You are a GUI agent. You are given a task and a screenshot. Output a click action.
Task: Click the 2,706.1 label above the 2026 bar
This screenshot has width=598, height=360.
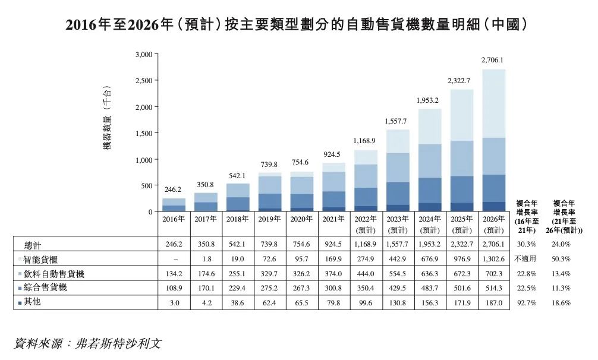point(492,60)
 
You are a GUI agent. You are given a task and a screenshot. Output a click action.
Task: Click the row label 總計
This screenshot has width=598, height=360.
point(33,244)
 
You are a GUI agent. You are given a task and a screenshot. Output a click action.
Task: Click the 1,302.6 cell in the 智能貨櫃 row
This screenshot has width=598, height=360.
point(493,259)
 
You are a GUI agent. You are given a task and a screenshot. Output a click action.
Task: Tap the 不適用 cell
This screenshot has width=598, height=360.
point(526,259)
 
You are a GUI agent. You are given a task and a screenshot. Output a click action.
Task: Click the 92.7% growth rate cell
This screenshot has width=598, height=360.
point(526,302)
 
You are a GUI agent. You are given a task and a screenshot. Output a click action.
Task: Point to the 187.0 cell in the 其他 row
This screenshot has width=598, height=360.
point(493,302)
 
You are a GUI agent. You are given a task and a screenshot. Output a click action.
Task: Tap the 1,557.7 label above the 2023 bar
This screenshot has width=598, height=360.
point(396,121)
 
